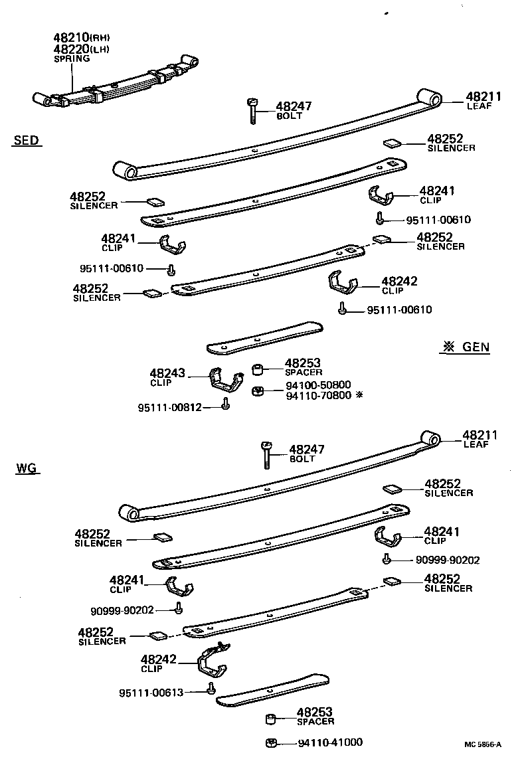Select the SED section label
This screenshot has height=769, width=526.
(26, 140)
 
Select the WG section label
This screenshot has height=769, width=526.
(26, 470)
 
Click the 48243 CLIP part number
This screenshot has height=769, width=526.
(167, 374)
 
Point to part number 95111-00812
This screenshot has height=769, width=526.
(169, 407)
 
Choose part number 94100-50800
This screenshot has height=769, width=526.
(318, 384)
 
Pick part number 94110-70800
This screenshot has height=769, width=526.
(318, 395)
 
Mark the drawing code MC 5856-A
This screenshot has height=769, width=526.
(483, 744)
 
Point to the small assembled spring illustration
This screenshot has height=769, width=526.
(118, 81)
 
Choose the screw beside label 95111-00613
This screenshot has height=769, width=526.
(211, 689)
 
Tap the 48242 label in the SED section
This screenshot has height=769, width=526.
(399, 282)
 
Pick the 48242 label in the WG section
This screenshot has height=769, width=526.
(159, 659)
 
